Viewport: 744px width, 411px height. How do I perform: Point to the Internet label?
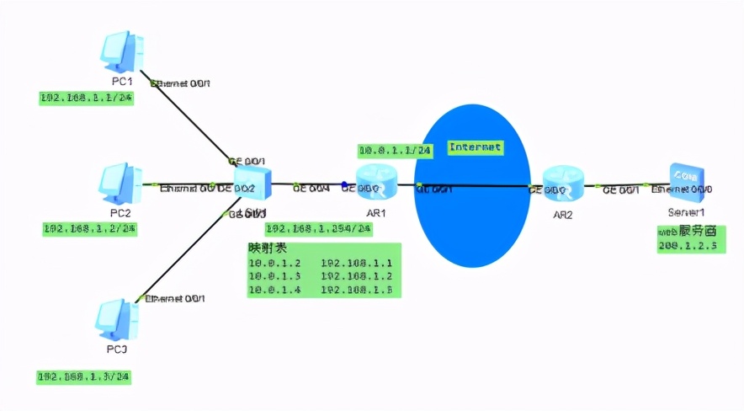pyautogui.click(x=475, y=147)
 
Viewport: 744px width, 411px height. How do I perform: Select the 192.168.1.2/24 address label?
pyautogui.click(x=90, y=228)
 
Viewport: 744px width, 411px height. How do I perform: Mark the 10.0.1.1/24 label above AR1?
pyautogui.click(x=395, y=151)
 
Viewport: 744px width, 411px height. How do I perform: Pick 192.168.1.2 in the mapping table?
pyautogui.click(x=357, y=276)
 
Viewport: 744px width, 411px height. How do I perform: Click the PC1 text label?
pyautogui.click(x=122, y=81)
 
